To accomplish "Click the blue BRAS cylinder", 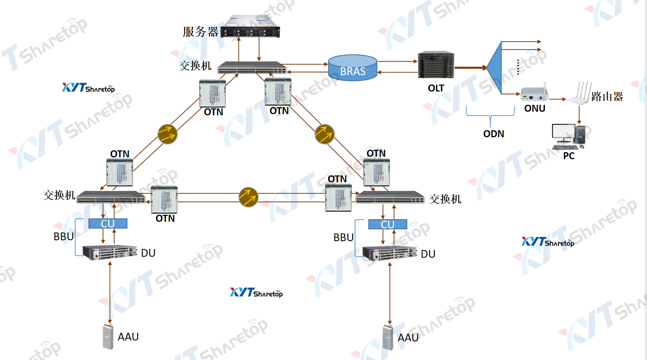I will click(x=352, y=68).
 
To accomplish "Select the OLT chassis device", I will click(x=436, y=65).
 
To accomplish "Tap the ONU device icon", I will click(x=534, y=94).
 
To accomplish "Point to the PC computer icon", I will click(x=569, y=137).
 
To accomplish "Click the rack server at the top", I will click(x=250, y=27).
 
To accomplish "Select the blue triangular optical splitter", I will click(x=495, y=68).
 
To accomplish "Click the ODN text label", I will click(x=493, y=134).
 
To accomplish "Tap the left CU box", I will click(x=108, y=223).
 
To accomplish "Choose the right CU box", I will click(x=388, y=224).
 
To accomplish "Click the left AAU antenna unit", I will click(x=108, y=336).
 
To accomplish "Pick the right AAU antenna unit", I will click(x=388, y=337).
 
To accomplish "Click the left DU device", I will click(x=110, y=252).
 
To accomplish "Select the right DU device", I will click(x=389, y=253).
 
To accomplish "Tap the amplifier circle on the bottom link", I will click(x=248, y=197).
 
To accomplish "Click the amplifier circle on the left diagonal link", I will click(x=168, y=134).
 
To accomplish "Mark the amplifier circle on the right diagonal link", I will click(x=325, y=134).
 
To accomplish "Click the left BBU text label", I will click(x=64, y=237).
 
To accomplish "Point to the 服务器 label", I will click(x=200, y=32).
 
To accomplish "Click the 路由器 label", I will click(x=607, y=97).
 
